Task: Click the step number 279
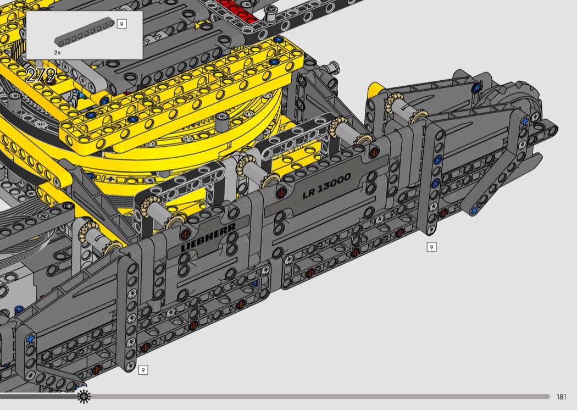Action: coord(41,75)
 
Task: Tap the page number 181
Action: coord(561,397)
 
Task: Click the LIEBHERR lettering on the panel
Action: coord(208,237)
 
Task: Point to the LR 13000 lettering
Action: coord(326,186)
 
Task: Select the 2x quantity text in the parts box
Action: coord(57,53)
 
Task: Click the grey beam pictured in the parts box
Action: coord(84,32)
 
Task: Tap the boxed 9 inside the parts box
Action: coord(121,24)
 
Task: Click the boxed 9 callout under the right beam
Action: coord(431,247)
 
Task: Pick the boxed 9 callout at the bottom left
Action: coord(143,370)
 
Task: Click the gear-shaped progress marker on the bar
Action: coord(84,396)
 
